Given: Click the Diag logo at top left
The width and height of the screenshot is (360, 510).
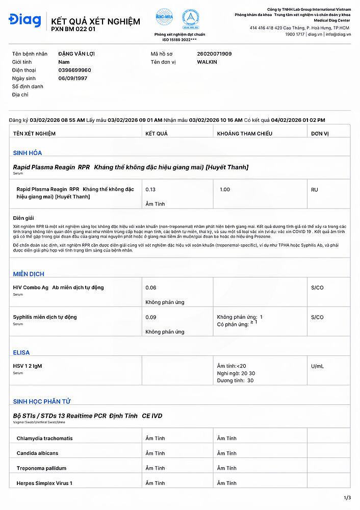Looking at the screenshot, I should click(x=25, y=21).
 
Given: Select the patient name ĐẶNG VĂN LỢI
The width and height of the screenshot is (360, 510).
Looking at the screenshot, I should click(x=76, y=54).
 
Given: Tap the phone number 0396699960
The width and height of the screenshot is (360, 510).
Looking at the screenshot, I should click(x=75, y=70).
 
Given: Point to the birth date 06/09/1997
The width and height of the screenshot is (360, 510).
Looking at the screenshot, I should click(x=73, y=78).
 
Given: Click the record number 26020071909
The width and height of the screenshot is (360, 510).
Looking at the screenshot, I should click(x=214, y=54).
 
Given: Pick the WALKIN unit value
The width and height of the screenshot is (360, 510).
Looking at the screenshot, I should click(x=207, y=62).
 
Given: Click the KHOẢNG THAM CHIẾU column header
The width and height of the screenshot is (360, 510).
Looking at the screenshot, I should click(x=245, y=134).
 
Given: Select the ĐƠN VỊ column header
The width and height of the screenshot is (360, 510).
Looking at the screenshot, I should click(x=320, y=134).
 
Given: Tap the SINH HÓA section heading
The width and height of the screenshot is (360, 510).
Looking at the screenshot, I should click(x=28, y=152).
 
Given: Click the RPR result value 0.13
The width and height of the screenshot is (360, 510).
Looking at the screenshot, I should click(x=150, y=189).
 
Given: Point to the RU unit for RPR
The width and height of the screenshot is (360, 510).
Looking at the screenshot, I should click(x=315, y=189).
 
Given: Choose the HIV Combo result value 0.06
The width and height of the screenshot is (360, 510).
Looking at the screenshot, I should click(x=150, y=288).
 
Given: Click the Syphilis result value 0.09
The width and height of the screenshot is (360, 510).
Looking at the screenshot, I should click(x=150, y=317).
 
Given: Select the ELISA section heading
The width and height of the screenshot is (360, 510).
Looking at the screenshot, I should click(x=21, y=352).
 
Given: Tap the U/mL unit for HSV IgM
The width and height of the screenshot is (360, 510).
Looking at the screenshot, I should click(x=317, y=366).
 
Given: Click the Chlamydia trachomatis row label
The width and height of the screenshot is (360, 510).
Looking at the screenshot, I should click(x=44, y=439).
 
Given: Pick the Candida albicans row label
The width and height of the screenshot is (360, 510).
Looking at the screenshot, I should click(x=37, y=453).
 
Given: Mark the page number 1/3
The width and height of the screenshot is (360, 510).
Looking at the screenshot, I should click(x=348, y=498).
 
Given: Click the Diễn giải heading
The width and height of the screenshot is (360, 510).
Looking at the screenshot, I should click(x=23, y=218).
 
